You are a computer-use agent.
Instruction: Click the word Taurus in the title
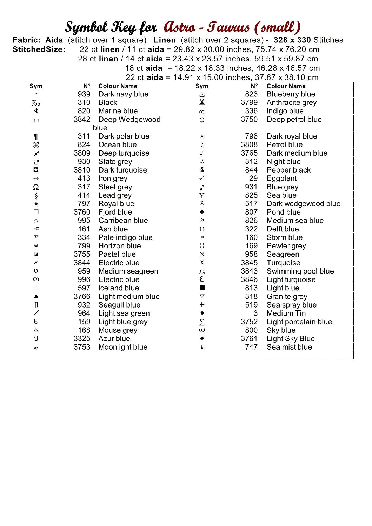[x=228, y=27]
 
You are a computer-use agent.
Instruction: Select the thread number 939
[x=84, y=94]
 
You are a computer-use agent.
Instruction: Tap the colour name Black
[x=108, y=102]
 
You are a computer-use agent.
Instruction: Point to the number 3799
[x=249, y=102]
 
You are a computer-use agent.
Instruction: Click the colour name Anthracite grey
[x=292, y=102]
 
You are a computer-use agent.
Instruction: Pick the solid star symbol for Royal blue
[x=36, y=204]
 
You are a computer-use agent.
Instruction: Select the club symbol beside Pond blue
[x=202, y=212]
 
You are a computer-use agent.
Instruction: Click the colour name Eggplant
[x=282, y=178]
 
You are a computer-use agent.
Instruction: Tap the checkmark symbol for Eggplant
[x=202, y=178]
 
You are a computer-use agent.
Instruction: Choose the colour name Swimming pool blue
[x=300, y=271]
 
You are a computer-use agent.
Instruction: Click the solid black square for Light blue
[x=202, y=288]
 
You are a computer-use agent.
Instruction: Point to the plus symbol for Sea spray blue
[x=202, y=305]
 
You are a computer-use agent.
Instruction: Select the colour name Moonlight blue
[x=123, y=347]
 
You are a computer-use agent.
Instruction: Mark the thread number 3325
[x=82, y=339]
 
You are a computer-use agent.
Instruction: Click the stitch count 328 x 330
[x=292, y=40]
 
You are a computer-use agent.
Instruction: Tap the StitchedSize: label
[x=39, y=49]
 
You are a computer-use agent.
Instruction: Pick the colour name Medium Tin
[x=286, y=313]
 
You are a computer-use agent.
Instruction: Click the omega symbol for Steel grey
[x=36, y=187]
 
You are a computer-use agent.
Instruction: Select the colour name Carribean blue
[x=123, y=221]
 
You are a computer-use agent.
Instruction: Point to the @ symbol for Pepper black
[x=202, y=170]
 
